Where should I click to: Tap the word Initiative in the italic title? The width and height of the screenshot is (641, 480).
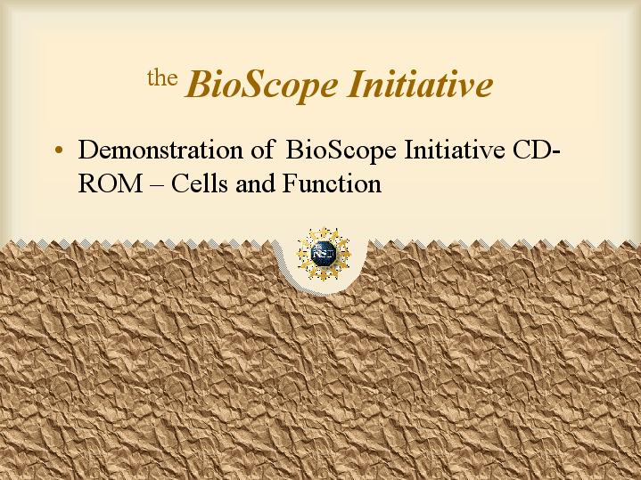pyautogui.click(x=420, y=84)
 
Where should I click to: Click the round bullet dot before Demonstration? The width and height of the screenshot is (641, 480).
pyautogui.click(x=59, y=150)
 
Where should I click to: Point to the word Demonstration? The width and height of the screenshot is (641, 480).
pyautogui.click(x=160, y=150)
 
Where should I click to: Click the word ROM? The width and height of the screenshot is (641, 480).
pyautogui.click(x=110, y=183)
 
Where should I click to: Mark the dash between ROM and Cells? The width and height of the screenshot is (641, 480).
pyautogui.click(x=156, y=185)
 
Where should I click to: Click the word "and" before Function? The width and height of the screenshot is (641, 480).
pyautogui.click(x=255, y=183)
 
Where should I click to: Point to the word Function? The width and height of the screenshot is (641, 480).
pyautogui.click(x=332, y=183)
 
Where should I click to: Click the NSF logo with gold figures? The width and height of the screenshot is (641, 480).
pyautogui.click(x=324, y=254)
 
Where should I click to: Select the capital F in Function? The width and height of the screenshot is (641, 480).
pyautogui.click(x=290, y=183)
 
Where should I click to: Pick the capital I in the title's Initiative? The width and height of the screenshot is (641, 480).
pyautogui.click(x=357, y=84)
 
